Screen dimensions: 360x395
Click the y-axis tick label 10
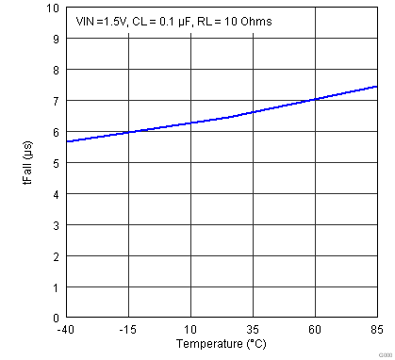pyautogui.click(x=51, y=8)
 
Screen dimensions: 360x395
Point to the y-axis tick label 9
pyautogui.click(x=54, y=40)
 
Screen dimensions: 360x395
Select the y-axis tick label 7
pyautogui.click(x=54, y=101)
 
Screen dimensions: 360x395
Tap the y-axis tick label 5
pyautogui.click(x=54, y=163)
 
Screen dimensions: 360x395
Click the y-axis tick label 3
pyautogui.click(x=54, y=225)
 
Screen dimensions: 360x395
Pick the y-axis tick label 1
pyautogui.click(x=54, y=287)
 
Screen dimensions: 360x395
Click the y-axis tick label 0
pyautogui.click(x=54, y=319)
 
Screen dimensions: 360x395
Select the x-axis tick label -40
pyautogui.click(x=65, y=330)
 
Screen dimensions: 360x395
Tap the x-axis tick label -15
pyautogui.click(x=127, y=330)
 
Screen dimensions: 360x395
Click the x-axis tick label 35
pyautogui.click(x=253, y=330)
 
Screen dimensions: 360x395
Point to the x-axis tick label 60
pyautogui.click(x=315, y=330)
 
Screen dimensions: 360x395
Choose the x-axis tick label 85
pyautogui.click(x=377, y=330)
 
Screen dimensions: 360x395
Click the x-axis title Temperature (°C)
pyautogui.click(x=221, y=344)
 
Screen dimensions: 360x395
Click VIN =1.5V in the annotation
pyautogui.click(x=97, y=21)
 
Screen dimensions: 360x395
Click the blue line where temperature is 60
pyautogui.click(x=315, y=99)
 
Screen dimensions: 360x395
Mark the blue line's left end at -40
pyautogui.click(x=66, y=141)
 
